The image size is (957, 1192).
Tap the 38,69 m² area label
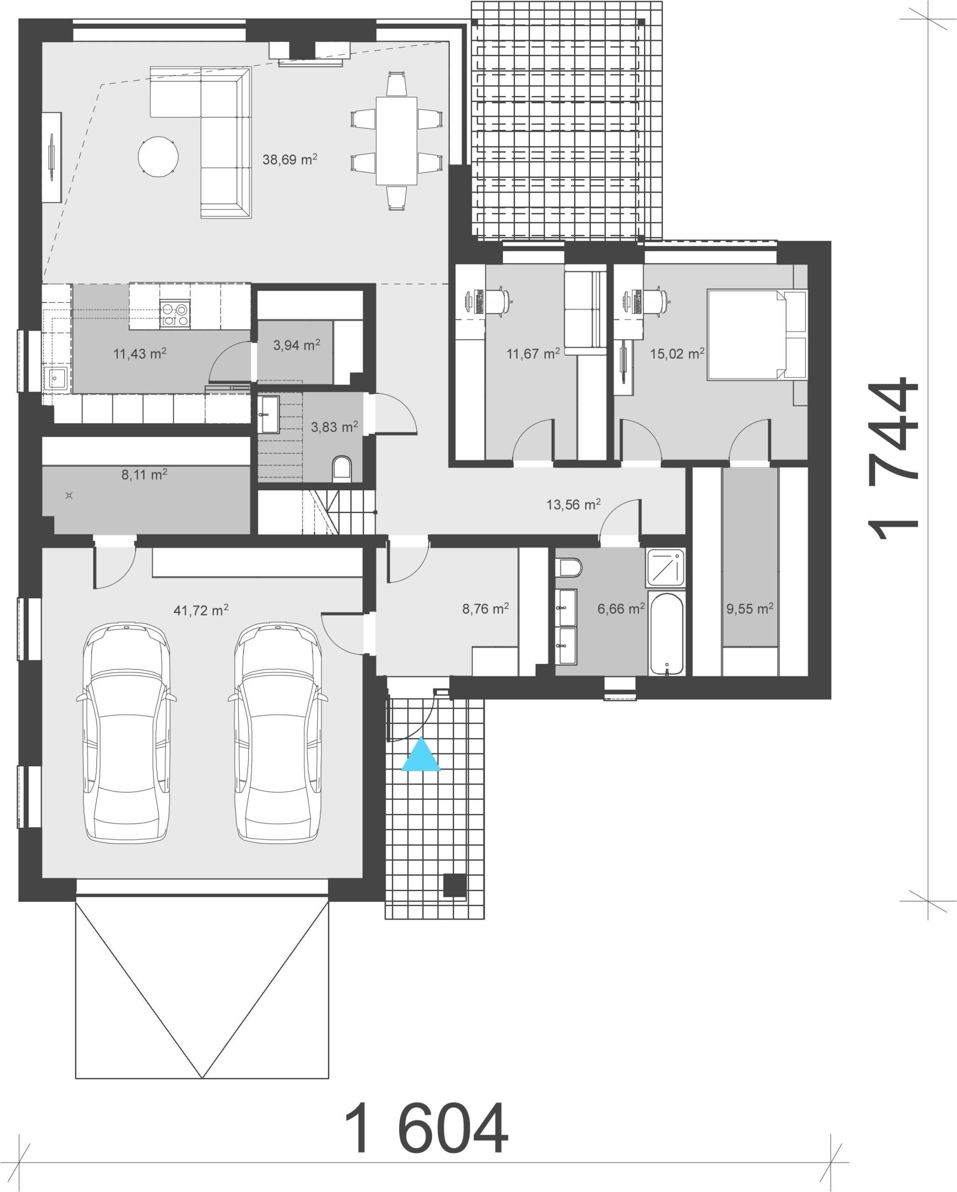pyautogui.click(x=290, y=159)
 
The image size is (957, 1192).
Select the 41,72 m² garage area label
pyautogui.click(x=201, y=610)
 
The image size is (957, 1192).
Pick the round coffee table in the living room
pyautogui.click(x=158, y=156)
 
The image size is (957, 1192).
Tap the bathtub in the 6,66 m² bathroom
pyautogui.click(x=667, y=634)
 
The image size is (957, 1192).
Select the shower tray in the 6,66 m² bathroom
pyautogui.click(x=665, y=567)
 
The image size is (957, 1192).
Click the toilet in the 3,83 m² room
pyautogui.click(x=342, y=469)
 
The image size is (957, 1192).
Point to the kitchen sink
pyautogui.click(x=55, y=379)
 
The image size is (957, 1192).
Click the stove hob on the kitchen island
pyautogui.click(x=175, y=313)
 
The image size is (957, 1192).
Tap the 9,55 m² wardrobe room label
pyautogui.click(x=750, y=609)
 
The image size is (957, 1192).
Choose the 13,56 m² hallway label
pyautogui.click(x=573, y=504)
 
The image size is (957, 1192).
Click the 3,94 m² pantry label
pyautogui.click(x=296, y=345)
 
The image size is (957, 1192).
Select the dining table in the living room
pyautogui.click(x=396, y=141)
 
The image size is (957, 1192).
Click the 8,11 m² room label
pyautogui.click(x=144, y=474)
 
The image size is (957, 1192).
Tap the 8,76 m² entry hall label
pyautogui.click(x=485, y=609)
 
